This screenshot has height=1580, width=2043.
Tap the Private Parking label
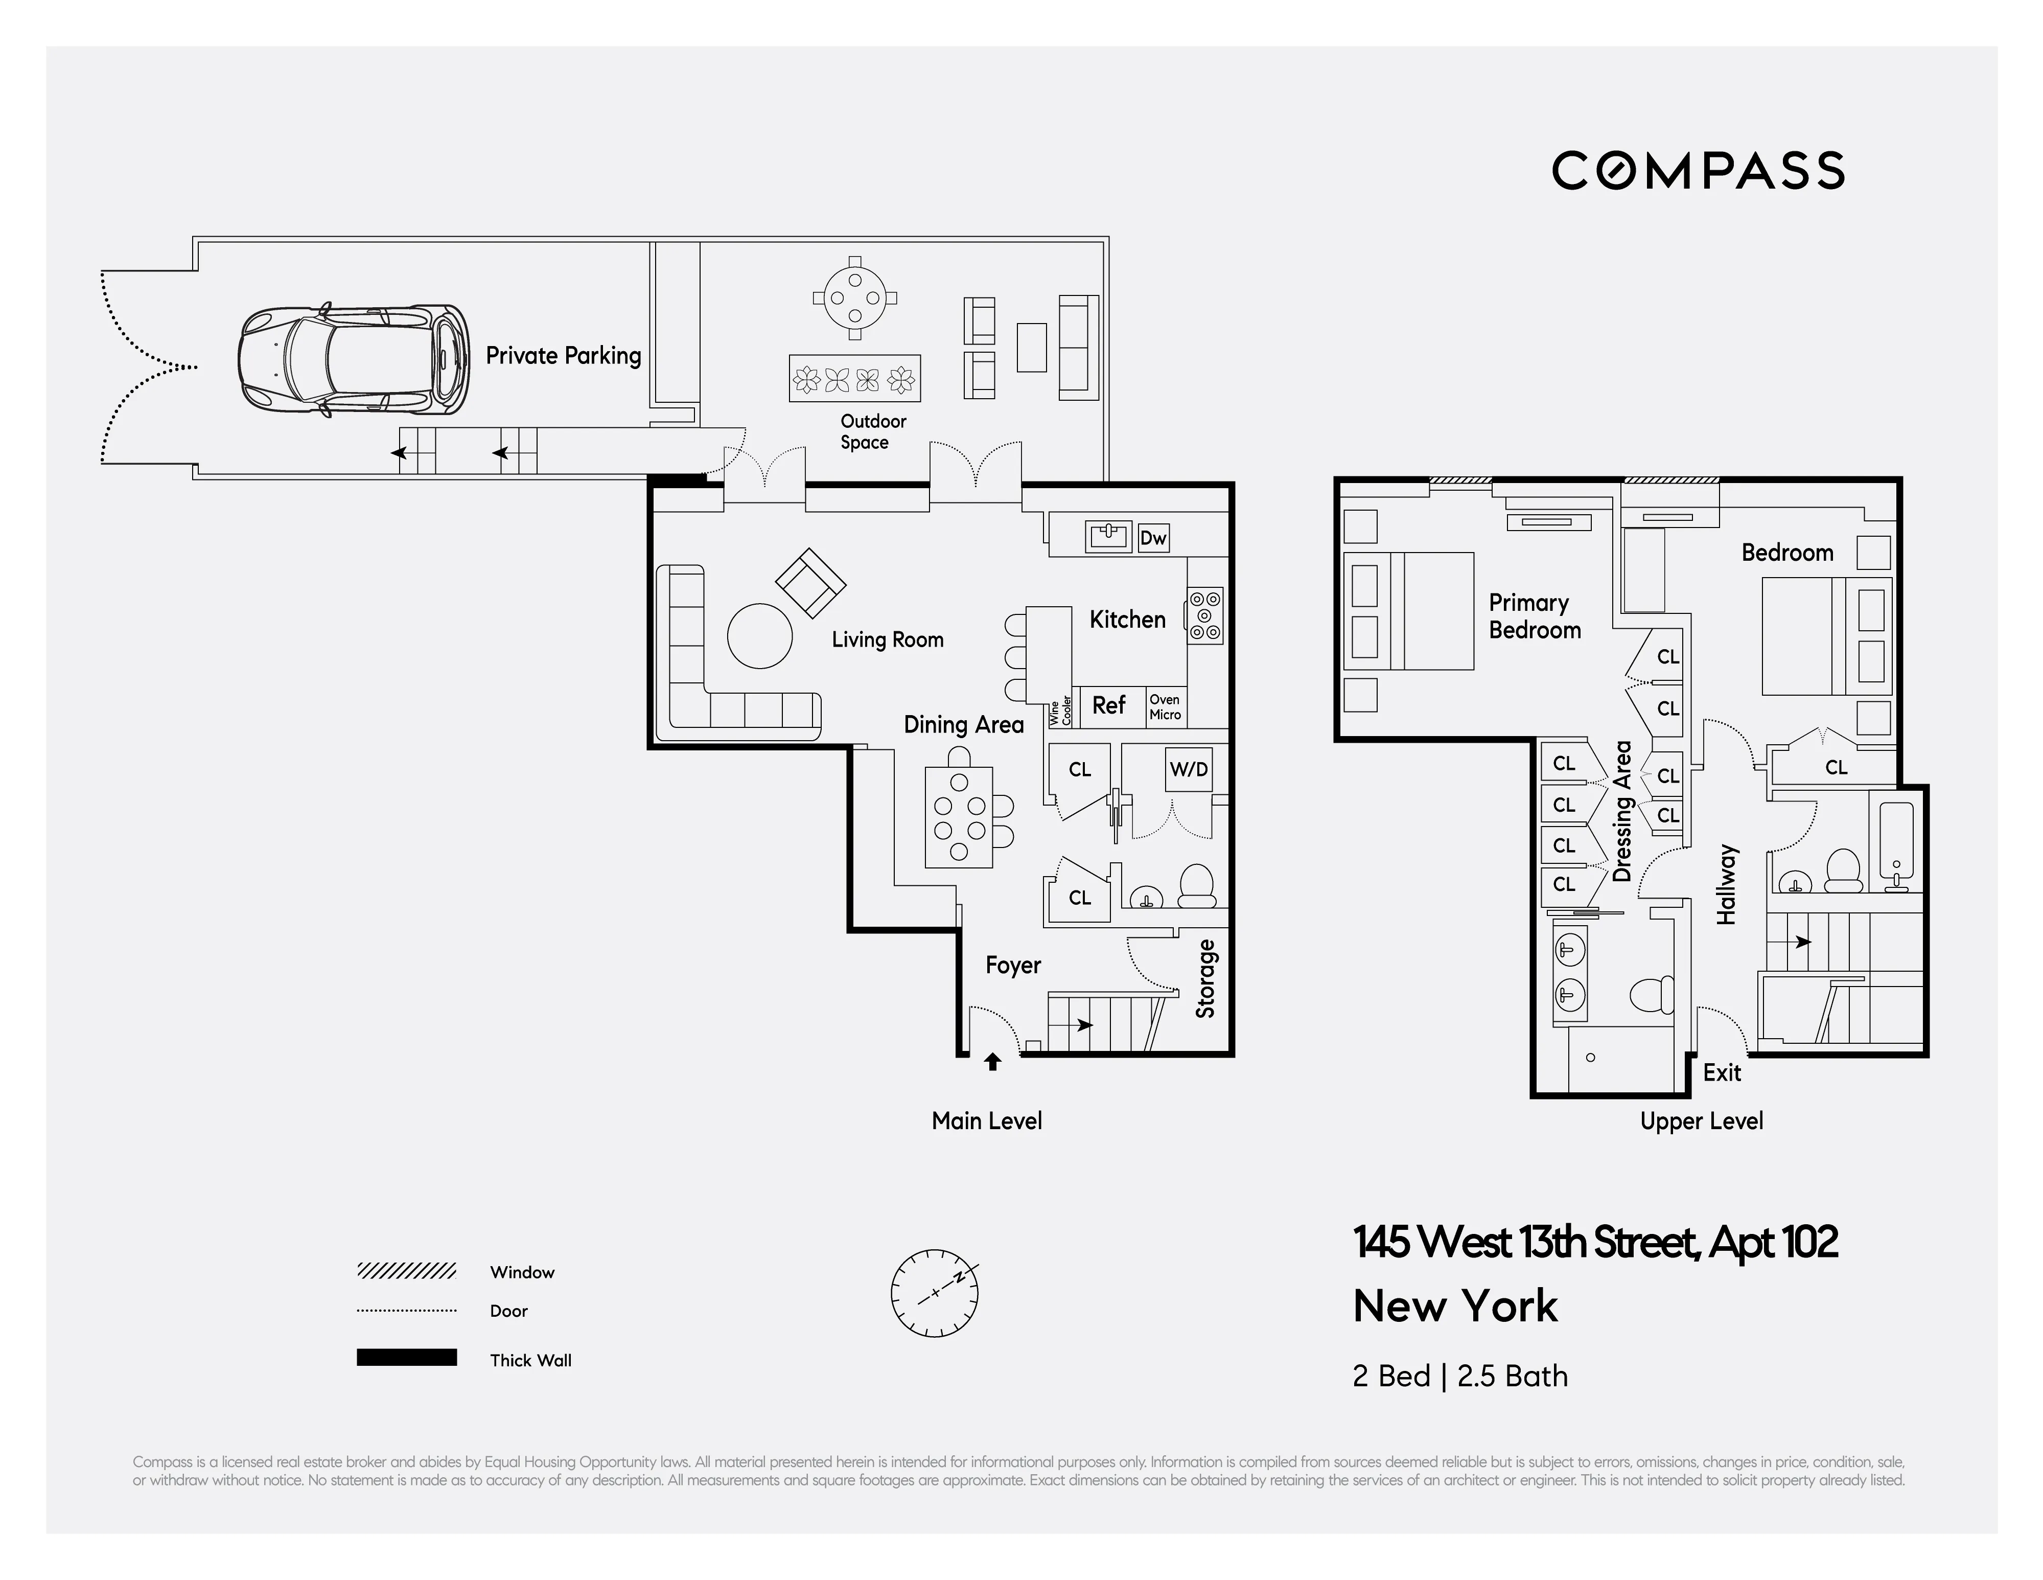click(x=563, y=355)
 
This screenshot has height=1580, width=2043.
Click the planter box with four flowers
click(x=854, y=379)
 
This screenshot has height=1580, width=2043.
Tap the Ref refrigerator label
click(x=1108, y=705)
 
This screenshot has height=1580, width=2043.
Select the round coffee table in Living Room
click(x=759, y=636)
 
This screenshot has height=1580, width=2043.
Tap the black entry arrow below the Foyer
click(x=992, y=1062)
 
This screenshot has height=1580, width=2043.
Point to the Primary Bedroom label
click(x=1534, y=616)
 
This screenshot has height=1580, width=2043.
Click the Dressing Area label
click(x=1622, y=811)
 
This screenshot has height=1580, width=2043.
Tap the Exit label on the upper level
click(x=1721, y=1073)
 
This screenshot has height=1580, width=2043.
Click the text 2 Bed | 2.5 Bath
click(x=1459, y=1376)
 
